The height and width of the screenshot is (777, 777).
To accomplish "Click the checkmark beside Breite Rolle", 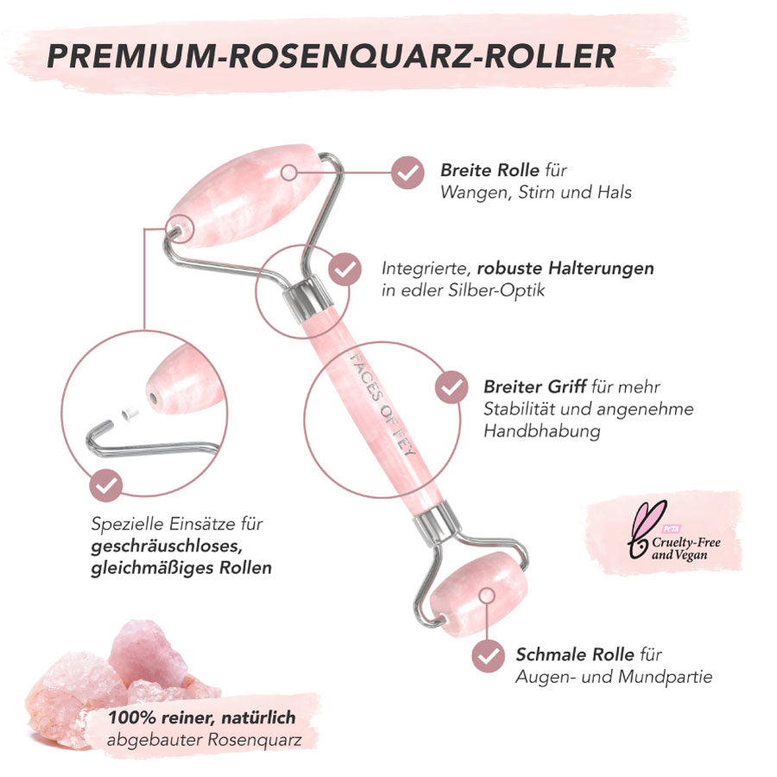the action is (x=407, y=173).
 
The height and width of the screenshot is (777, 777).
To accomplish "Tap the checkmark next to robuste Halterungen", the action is (x=344, y=269).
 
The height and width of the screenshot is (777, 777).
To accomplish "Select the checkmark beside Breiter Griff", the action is (x=452, y=387).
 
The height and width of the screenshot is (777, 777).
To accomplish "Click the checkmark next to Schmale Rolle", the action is (x=488, y=656).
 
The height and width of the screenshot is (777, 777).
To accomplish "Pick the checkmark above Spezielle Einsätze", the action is (x=105, y=485).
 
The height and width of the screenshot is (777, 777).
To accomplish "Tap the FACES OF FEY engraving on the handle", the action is (x=382, y=404).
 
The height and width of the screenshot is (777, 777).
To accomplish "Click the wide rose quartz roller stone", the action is (x=245, y=195).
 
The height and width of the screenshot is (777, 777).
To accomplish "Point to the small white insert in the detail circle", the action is (x=130, y=413).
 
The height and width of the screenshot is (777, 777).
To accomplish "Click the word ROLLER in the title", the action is (x=550, y=55).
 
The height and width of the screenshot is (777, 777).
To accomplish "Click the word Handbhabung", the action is (x=541, y=431).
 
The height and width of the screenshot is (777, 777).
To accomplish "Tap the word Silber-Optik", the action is (x=496, y=290).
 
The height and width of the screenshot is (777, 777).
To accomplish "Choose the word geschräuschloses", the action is (x=167, y=546).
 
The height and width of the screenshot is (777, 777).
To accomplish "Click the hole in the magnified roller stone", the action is (x=153, y=397).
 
